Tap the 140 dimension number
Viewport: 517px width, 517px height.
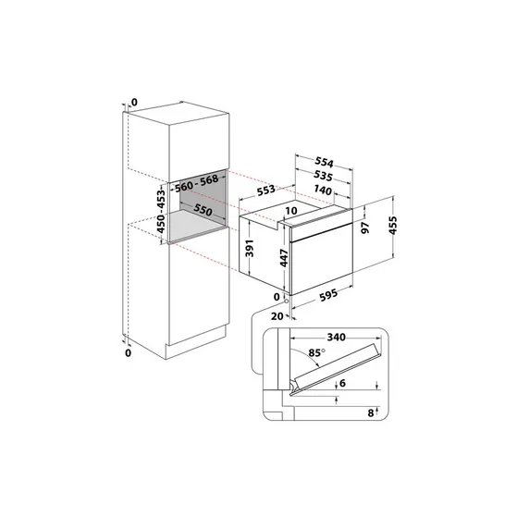click(x=324, y=191)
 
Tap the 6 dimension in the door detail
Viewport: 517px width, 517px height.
click(x=344, y=383)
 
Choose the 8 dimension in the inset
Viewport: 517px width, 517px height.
click(x=370, y=412)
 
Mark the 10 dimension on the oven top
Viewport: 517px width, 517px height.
click(x=290, y=211)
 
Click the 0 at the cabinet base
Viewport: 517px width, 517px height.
click(x=129, y=351)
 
